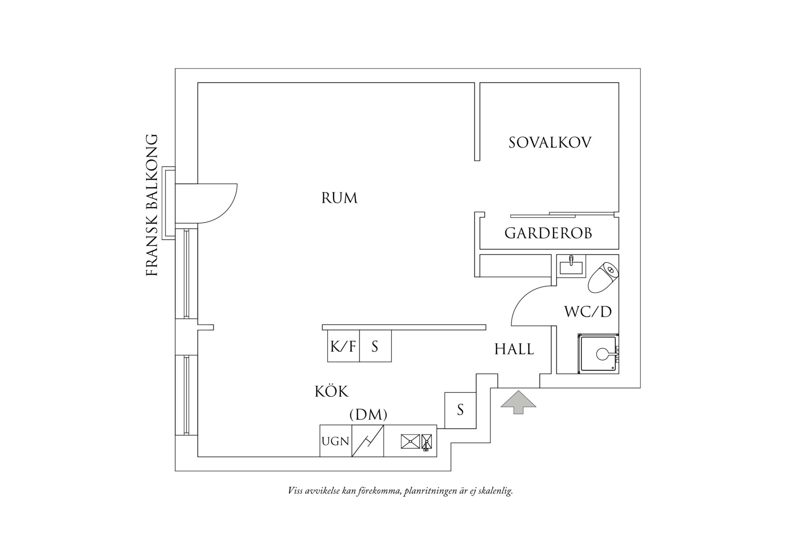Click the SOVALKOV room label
click(x=549, y=143)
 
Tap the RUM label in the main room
click(x=339, y=198)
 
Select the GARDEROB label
click(x=548, y=233)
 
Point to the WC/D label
click(x=588, y=311)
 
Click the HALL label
click(x=514, y=349)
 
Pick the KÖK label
click(x=331, y=391)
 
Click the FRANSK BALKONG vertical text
click(x=153, y=205)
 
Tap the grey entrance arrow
click(x=518, y=402)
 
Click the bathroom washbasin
click(x=571, y=267)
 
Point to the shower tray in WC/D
click(x=598, y=354)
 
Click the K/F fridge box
click(x=343, y=346)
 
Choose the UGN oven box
click(x=336, y=441)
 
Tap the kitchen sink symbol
click(x=416, y=441)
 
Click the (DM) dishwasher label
click(x=368, y=415)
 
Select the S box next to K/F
click(x=375, y=346)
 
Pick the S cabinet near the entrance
click(x=460, y=410)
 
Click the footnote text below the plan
click(x=400, y=491)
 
